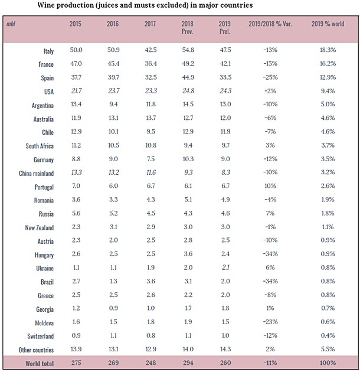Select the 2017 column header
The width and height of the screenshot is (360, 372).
(x=151, y=25)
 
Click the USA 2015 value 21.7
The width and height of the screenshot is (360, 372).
(x=76, y=92)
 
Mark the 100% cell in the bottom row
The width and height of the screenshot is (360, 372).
(x=328, y=362)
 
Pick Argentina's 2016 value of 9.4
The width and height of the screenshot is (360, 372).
(x=113, y=106)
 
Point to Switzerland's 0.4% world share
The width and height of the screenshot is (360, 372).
(x=328, y=335)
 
